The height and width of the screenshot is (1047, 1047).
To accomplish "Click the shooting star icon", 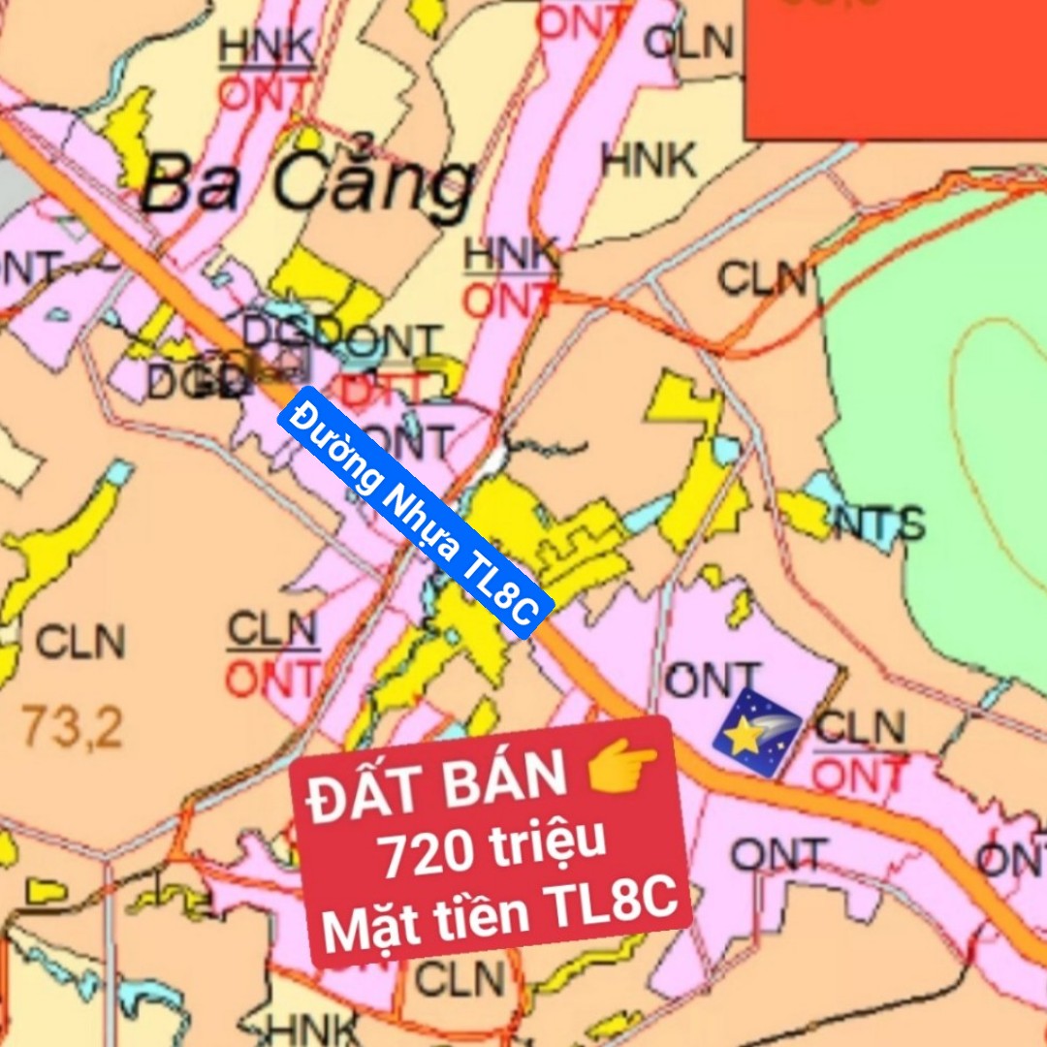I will (756, 733).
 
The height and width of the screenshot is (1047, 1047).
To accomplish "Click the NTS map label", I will (879, 524).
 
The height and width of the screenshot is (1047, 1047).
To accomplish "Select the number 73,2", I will (73, 726).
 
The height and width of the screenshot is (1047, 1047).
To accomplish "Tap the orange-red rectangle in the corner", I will (895, 68).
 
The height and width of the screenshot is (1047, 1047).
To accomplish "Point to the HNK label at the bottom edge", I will (313, 1030).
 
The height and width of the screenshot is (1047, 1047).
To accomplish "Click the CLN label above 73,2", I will (80, 642).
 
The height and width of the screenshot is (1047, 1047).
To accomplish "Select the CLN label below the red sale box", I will (460, 979).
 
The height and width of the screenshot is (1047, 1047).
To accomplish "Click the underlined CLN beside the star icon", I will (860, 729).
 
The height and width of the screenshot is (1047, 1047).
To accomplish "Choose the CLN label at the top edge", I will (688, 42).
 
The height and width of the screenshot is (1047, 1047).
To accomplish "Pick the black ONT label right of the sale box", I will (777, 856).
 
